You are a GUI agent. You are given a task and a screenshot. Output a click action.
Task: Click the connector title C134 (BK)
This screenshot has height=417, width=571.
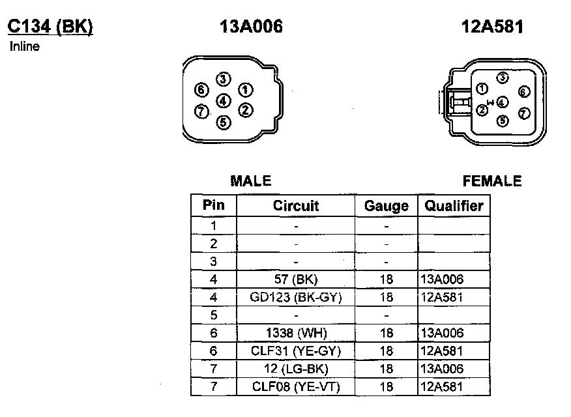click(x=50, y=27)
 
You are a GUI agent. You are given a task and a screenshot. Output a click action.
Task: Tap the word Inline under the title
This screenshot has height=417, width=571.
click(x=25, y=46)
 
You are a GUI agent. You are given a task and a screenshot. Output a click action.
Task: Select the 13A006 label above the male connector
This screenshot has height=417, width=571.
click(x=252, y=27)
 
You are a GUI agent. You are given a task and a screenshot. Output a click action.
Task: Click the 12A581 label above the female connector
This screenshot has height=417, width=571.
click(x=492, y=27)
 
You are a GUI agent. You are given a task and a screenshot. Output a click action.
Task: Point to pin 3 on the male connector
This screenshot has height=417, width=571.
click(x=223, y=79)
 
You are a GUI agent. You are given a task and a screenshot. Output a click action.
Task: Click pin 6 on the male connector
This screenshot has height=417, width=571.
click(x=201, y=90)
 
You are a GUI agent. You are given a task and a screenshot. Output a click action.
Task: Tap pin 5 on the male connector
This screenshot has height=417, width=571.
click(x=223, y=121)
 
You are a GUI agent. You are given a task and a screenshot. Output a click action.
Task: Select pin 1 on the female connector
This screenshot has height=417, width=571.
click(x=482, y=89)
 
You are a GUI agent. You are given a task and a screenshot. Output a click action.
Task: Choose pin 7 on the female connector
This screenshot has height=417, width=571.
click(x=524, y=113)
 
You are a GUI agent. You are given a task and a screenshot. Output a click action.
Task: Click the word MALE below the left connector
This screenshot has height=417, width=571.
click(x=250, y=181)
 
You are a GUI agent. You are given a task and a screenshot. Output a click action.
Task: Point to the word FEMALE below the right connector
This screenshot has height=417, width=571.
click(x=492, y=181)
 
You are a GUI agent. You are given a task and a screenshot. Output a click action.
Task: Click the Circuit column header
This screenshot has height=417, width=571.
click(x=296, y=206)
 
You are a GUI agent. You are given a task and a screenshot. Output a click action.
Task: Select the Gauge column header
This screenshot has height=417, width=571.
click(x=387, y=206)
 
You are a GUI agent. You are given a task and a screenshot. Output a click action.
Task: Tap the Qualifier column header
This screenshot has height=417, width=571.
click(x=454, y=206)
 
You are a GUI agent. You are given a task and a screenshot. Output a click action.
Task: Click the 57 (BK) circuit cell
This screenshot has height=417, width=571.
click(x=296, y=279)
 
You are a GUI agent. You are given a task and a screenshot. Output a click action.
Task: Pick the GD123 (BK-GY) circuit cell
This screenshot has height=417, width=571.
click(x=296, y=297)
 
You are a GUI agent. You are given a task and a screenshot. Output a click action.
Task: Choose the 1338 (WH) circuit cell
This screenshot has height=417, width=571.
click(x=296, y=333)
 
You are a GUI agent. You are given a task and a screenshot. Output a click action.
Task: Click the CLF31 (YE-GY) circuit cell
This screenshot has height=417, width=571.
click(x=296, y=351)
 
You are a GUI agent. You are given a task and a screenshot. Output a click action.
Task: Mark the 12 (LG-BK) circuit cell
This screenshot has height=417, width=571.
click(x=296, y=369)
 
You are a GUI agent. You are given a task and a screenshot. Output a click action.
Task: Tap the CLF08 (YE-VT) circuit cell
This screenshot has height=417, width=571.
click(x=296, y=387)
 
